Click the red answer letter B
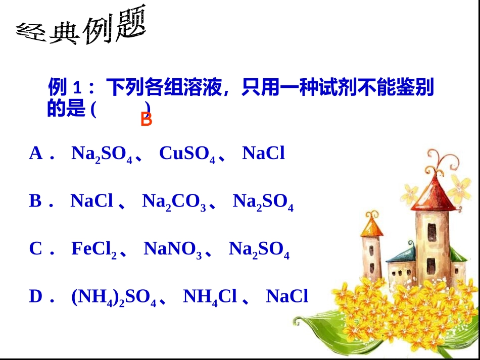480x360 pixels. pyautogui.click(x=146, y=120)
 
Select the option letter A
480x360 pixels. pyautogui.click(x=36, y=153)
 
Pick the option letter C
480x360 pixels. pyautogui.click(x=36, y=249)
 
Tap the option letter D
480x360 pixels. pyautogui.click(x=36, y=296)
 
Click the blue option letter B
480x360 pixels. pyautogui.click(x=35, y=201)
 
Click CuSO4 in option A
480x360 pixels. pyautogui.click(x=187, y=154)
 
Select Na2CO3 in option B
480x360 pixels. pyautogui.click(x=174, y=202)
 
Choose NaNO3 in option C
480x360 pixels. pyautogui.click(x=173, y=249)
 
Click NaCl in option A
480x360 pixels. pyautogui.click(x=264, y=153)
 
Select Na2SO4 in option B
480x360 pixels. pyautogui.click(x=263, y=202)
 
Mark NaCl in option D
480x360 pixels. pyautogui.click(x=287, y=296)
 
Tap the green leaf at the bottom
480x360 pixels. pyautogui.click(x=323, y=333)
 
